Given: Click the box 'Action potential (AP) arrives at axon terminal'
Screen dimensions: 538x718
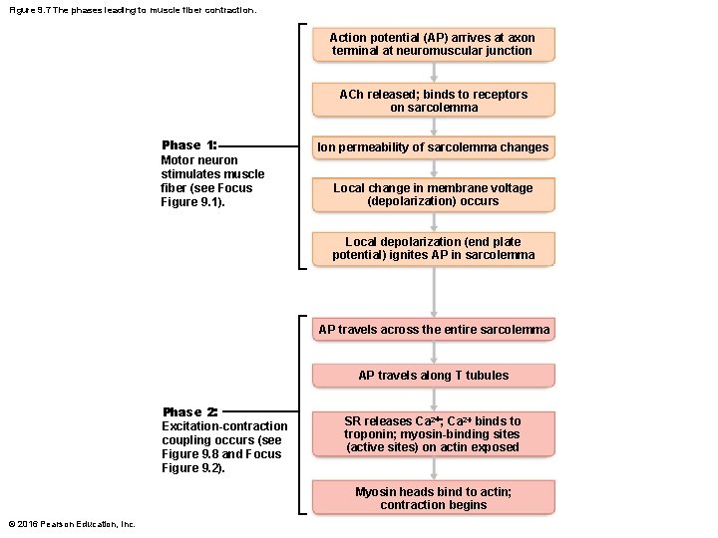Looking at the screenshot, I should point(433,44).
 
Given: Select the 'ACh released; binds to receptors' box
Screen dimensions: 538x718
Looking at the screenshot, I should point(433,101).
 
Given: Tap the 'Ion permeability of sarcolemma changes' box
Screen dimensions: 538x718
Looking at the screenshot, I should point(433,147).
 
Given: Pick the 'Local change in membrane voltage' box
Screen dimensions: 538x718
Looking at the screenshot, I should point(433,194).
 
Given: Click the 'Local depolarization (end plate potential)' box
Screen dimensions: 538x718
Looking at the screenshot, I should point(433,248).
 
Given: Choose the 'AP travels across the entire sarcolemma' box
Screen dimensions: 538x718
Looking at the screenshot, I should point(433,330).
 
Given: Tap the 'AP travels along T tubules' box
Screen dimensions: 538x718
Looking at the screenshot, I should point(433,376).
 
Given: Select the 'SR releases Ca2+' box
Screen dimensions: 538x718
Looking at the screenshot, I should point(433,434).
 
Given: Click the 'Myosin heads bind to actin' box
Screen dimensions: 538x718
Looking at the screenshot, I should point(433,498).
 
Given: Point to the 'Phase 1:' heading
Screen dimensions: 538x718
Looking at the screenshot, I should point(188,145).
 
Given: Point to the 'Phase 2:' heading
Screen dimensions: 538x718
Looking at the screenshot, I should point(189,412).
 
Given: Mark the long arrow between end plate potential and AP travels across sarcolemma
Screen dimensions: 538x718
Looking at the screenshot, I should point(433,291).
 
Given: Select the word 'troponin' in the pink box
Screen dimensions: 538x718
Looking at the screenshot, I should point(368,434).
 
